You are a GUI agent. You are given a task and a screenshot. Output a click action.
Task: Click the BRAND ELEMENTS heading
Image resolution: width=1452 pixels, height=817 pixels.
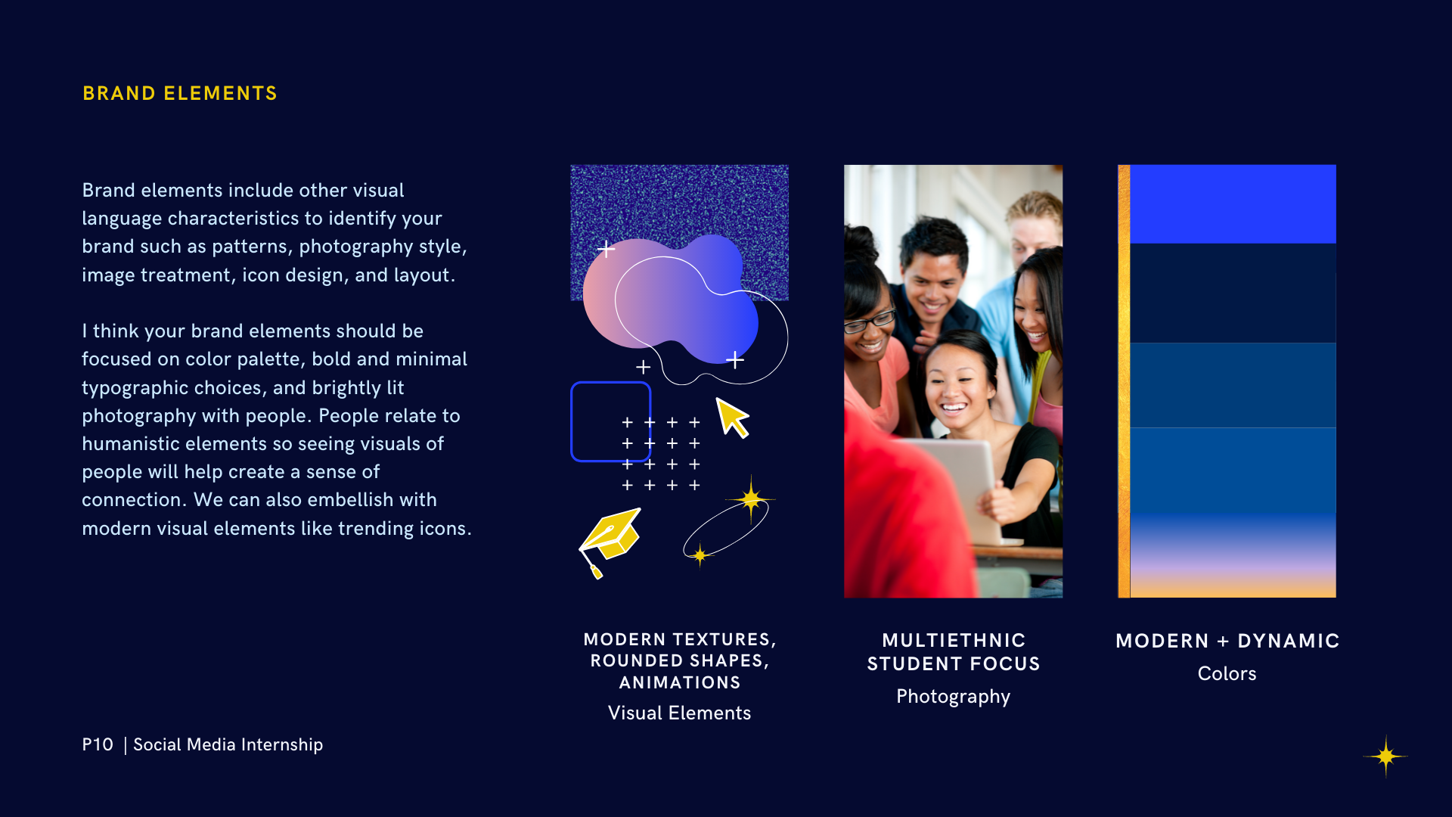tap(180, 93)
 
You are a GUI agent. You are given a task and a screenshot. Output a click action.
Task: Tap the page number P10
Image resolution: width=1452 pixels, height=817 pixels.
tap(98, 744)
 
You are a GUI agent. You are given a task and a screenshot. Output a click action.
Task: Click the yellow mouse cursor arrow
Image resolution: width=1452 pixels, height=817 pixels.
tap(732, 418)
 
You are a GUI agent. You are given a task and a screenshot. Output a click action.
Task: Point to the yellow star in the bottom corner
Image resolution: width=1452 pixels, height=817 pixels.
tap(1385, 756)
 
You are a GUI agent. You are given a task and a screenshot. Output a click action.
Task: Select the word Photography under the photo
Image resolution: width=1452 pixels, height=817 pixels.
tap(953, 697)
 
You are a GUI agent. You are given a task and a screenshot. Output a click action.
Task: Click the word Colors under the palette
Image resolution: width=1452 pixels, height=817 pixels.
tap(1227, 673)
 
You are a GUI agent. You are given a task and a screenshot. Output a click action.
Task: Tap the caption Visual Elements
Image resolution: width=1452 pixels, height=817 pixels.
tap(679, 713)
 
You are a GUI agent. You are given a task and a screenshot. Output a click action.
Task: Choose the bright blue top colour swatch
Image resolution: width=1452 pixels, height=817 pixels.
tap(1233, 203)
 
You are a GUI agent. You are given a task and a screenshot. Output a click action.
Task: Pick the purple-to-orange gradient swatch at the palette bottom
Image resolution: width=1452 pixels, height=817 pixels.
tap(1233, 555)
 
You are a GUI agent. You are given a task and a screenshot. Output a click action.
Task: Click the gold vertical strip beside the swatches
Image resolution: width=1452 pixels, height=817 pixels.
tap(1124, 381)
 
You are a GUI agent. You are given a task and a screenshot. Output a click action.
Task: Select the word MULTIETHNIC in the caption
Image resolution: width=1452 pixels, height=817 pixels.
tap(954, 640)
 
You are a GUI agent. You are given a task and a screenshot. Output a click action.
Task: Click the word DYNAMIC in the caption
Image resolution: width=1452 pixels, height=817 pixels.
tap(1289, 641)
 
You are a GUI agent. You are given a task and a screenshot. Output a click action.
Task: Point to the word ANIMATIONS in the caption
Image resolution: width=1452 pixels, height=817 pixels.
tap(680, 682)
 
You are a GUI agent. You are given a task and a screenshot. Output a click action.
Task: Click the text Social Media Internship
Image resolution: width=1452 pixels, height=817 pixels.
tap(228, 744)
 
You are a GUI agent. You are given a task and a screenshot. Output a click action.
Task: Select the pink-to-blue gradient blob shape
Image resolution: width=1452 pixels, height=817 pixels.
tap(670, 298)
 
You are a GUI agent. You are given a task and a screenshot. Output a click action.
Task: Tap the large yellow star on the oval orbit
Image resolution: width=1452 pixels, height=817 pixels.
tap(750, 499)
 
